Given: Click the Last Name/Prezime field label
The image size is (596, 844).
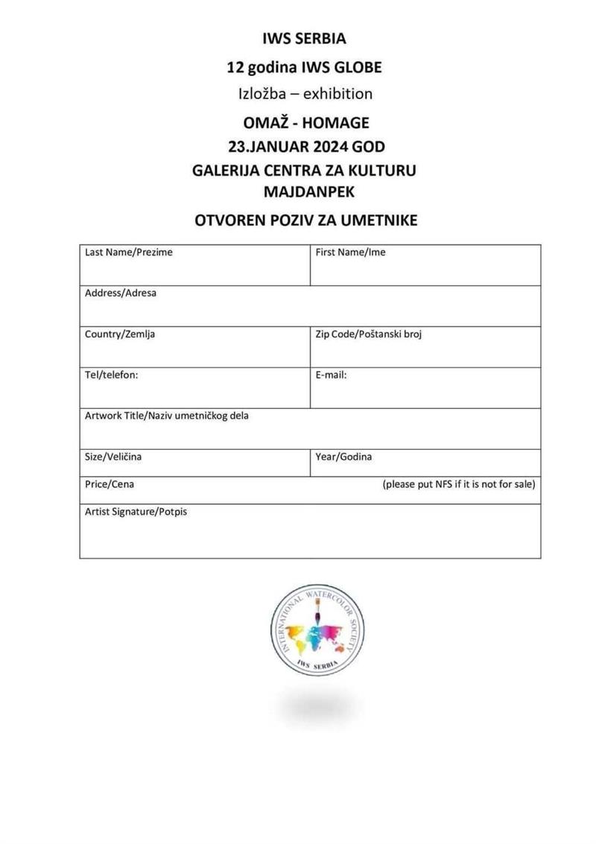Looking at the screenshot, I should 128,253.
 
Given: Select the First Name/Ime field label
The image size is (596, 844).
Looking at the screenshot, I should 350,253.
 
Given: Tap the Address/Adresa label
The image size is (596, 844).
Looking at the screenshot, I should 121,294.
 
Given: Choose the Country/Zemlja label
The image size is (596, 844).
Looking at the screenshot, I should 120,334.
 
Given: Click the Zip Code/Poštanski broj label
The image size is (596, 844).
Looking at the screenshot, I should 369,334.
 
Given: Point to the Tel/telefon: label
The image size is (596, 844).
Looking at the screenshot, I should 112,375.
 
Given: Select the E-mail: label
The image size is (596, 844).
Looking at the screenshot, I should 331,375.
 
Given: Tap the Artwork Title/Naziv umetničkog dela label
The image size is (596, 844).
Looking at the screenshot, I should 167,416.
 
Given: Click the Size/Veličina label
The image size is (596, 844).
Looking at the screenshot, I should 113,457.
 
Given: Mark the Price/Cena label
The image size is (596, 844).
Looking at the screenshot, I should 110,484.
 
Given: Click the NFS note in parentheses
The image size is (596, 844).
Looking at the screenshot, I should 458,484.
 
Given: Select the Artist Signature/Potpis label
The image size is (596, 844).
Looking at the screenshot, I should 136,512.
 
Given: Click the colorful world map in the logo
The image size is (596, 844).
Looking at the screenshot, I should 314,631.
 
